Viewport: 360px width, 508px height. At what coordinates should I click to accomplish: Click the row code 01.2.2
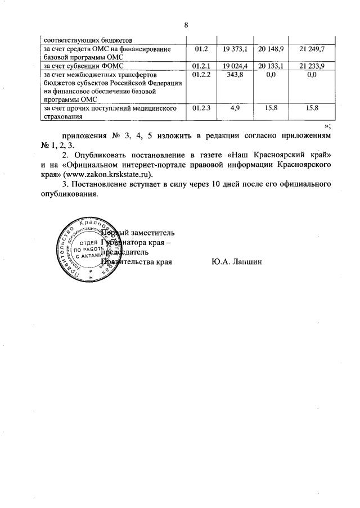pos(201,75)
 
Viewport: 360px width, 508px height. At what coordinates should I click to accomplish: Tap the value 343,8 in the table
pos(235,75)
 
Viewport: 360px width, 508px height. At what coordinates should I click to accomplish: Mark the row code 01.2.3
pos(201,107)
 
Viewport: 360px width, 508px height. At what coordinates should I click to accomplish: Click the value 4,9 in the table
pos(235,107)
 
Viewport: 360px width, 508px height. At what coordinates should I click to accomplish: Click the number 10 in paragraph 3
pos(208,184)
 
